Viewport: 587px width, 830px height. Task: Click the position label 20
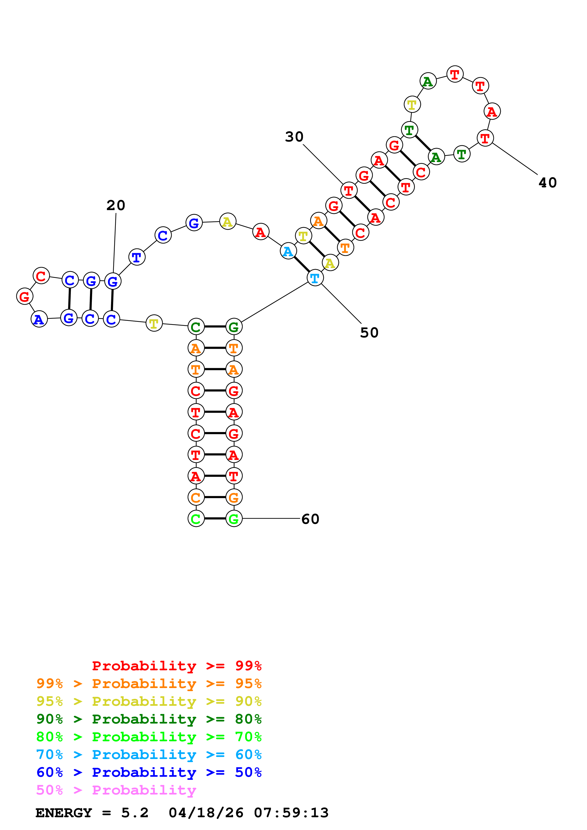click(x=116, y=205)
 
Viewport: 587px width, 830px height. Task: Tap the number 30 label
click(x=294, y=137)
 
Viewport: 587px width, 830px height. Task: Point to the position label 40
click(x=548, y=183)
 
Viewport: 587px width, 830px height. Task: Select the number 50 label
click(x=369, y=333)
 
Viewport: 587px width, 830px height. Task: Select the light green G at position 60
click(x=234, y=519)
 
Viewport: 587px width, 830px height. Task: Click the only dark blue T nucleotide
click(x=137, y=257)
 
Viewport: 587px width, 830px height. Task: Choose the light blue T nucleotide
click(x=315, y=278)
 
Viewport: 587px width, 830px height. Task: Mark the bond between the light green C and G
click(x=215, y=519)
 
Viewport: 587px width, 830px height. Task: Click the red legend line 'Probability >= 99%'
click(x=176, y=666)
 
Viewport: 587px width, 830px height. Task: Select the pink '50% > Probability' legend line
click(x=116, y=790)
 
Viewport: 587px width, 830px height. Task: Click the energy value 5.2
click(x=134, y=813)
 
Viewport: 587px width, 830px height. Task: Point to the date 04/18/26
click(x=206, y=813)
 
